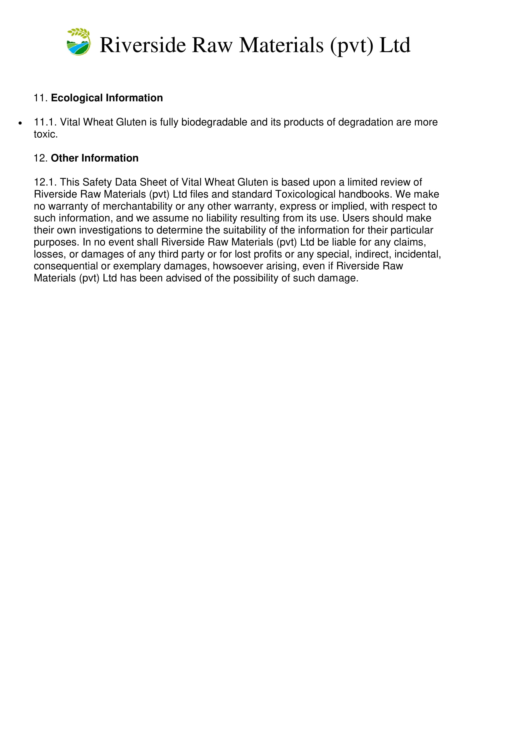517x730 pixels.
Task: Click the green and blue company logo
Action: (x=78, y=42)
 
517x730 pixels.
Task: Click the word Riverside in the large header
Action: (x=143, y=45)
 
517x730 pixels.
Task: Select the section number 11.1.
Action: (x=45, y=122)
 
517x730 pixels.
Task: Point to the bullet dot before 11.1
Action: (x=20, y=123)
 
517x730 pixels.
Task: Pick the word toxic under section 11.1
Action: (x=45, y=134)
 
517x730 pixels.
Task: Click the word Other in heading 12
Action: (x=65, y=158)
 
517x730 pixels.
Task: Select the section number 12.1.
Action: (x=45, y=182)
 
